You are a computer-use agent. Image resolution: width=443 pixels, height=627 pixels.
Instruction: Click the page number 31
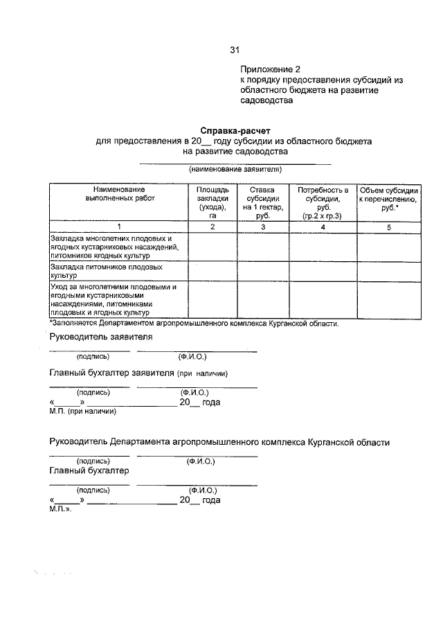tap(235, 50)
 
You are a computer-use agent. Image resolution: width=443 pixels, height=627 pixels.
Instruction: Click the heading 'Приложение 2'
tap(271, 69)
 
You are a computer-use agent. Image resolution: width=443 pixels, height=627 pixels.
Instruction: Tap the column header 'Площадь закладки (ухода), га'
tap(213, 202)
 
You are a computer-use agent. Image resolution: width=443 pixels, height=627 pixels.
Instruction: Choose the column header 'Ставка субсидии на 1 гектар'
tap(262, 202)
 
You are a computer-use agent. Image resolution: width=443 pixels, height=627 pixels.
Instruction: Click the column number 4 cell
tap(322, 227)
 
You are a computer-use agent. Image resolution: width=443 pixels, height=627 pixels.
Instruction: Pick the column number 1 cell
tap(119, 227)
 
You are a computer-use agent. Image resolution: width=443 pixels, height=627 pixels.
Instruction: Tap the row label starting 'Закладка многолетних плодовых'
tap(115, 247)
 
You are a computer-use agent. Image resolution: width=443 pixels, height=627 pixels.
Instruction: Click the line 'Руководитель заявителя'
tap(101, 337)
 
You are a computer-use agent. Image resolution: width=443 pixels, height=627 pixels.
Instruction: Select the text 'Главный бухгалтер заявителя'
tap(112, 373)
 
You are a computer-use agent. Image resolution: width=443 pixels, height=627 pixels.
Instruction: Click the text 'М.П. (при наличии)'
tap(82, 412)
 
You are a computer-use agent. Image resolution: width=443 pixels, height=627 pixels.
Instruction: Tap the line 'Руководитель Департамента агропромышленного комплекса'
tap(219, 441)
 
